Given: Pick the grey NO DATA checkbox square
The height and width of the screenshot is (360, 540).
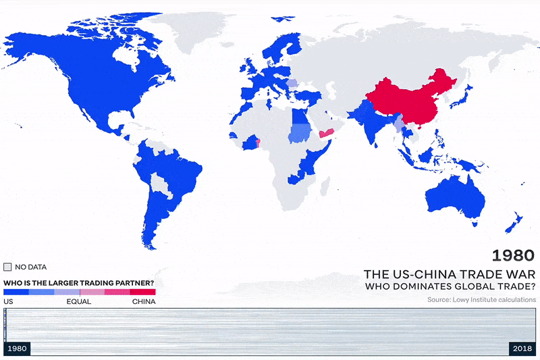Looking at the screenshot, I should (x=8, y=267).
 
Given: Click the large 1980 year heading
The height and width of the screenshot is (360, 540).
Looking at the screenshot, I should (x=513, y=255).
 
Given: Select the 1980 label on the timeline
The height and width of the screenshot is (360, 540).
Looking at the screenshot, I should (x=17, y=349).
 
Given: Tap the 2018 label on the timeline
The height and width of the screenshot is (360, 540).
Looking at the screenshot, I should (x=522, y=349).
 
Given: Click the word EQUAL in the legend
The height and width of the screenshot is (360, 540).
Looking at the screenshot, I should (x=79, y=301).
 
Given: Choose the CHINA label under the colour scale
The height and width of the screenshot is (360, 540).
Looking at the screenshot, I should (x=143, y=301).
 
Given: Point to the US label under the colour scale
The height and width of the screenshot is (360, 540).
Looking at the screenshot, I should (x=9, y=301).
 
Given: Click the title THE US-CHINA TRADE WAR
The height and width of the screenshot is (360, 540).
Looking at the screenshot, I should (x=450, y=274).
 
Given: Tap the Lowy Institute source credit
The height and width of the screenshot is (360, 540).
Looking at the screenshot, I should (x=481, y=299).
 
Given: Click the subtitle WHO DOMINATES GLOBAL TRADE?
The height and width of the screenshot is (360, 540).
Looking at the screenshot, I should (x=450, y=287).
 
